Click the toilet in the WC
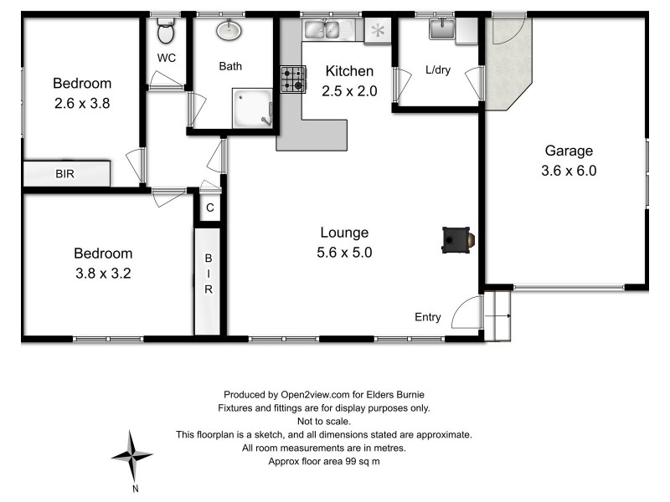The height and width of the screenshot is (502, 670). pyautogui.click(x=166, y=32)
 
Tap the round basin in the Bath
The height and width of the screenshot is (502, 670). pyautogui.click(x=228, y=31)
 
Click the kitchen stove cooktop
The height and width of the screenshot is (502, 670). pyautogui.click(x=291, y=79)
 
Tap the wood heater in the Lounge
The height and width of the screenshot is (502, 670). pyautogui.click(x=457, y=240)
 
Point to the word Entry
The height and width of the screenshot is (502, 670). pyautogui.click(x=427, y=316)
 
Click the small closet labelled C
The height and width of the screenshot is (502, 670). pyautogui.click(x=210, y=207)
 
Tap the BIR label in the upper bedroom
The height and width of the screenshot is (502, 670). pyautogui.click(x=65, y=175)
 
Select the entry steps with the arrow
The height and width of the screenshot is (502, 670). pyautogui.click(x=500, y=316)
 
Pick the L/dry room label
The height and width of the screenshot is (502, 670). pyautogui.click(x=437, y=70)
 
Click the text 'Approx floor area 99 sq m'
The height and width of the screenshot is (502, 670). pyautogui.click(x=323, y=461)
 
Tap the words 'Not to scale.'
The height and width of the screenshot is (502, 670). pyautogui.click(x=323, y=422)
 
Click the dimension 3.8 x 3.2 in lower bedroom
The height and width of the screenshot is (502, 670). pyautogui.click(x=103, y=272)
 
